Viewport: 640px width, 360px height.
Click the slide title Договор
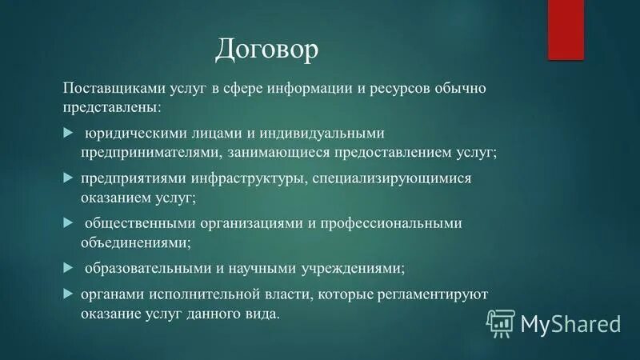266,50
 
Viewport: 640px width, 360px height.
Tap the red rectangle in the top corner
566,30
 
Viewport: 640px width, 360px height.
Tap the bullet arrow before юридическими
68,131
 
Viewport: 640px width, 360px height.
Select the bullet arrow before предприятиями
68,176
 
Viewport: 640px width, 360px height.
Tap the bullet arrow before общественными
68,222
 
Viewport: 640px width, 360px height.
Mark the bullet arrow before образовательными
68,266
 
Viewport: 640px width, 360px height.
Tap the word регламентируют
430,294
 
